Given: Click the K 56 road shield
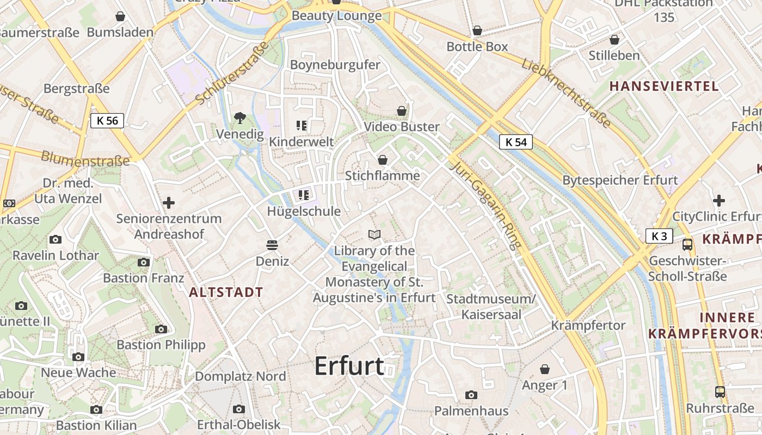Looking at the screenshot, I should (107, 121).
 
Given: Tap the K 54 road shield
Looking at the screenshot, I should (515, 142).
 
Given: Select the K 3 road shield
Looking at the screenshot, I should (659, 236).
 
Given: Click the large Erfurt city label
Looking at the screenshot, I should (349, 366).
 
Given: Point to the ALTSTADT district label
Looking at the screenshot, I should (226, 292).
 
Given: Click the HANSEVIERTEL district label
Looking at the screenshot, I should (664, 86).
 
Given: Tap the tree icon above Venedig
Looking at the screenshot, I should (239, 117).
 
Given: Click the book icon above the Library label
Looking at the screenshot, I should (374, 235).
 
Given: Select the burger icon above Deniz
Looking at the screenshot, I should (272, 245).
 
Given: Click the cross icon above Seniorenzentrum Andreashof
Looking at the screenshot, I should (169, 203).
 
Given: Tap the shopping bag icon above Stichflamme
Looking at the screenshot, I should (383, 160).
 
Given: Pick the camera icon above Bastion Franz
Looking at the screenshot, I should (144, 262).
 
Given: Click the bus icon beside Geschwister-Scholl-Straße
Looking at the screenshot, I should (687, 245).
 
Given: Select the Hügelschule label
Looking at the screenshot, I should (304, 212).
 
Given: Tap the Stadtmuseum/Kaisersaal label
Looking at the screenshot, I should (491, 307).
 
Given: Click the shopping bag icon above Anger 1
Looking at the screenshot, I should (545, 370).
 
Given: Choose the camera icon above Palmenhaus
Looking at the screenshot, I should (471, 395).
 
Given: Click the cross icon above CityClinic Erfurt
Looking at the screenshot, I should (719, 201).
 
